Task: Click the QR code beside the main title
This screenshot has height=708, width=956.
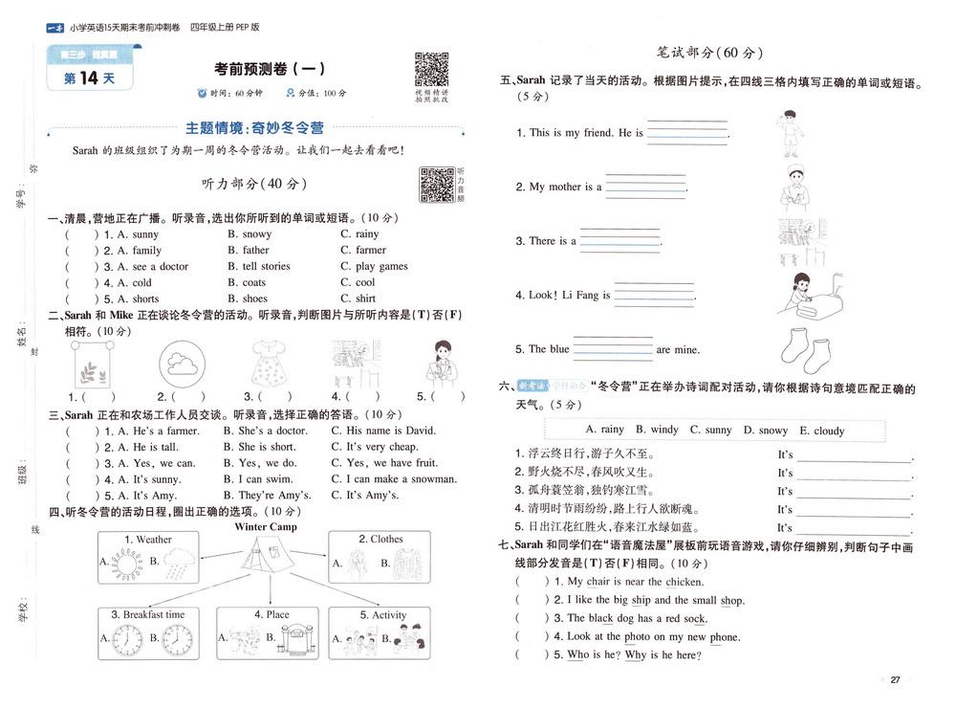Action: click(431, 70)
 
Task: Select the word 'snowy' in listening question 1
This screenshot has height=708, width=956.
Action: click(256, 234)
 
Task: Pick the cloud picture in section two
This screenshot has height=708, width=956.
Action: click(179, 364)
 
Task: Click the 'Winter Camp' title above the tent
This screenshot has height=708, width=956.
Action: click(266, 527)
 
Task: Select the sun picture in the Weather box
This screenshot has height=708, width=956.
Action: click(126, 564)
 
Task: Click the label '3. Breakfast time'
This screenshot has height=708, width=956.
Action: click(147, 615)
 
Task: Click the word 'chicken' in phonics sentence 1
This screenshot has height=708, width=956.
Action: click(684, 582)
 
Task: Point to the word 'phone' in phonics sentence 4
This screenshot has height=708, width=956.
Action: click(725, 637)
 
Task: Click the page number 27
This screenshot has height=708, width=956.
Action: click(895, 680)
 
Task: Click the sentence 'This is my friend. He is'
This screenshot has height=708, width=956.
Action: click(580, 133)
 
